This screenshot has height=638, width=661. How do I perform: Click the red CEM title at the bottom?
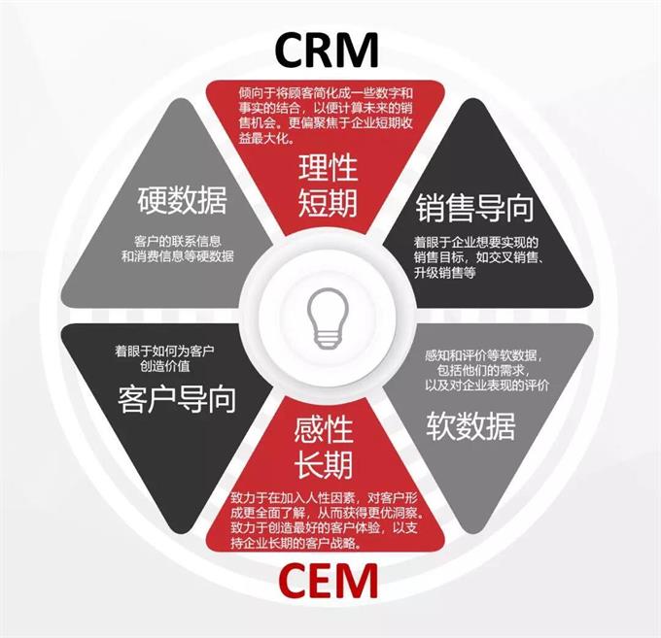(x=328, y=583)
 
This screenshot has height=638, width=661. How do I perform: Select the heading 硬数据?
(x=182, y=202)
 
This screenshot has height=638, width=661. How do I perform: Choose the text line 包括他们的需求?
(x=493, y=370)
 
